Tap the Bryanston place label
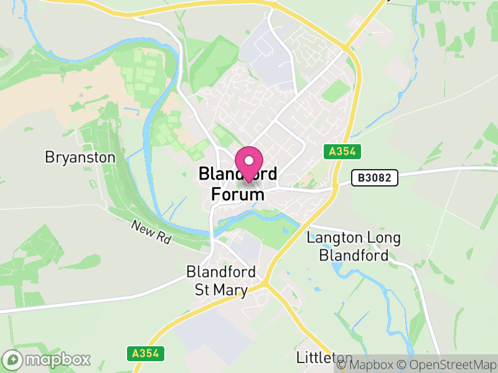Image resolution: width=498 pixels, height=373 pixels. click(x=80, y=157)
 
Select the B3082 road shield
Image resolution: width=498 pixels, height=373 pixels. click(x=374, y=178)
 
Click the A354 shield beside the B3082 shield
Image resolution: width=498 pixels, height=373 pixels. click(x=342, y=151)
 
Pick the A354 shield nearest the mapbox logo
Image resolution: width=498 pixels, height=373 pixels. click(x=149, y=353)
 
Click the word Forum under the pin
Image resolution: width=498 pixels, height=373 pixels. click(x=238, y=195)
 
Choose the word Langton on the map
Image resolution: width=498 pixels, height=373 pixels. click(x=334, y=238)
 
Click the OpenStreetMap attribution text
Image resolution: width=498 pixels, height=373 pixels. click(x=449, y=364)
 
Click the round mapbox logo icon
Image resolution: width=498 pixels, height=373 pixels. click(x=13, y=360)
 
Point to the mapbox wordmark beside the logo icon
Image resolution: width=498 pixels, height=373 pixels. click(x=57, y=360)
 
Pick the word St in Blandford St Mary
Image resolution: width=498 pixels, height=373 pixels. click(x=203, y=290)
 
